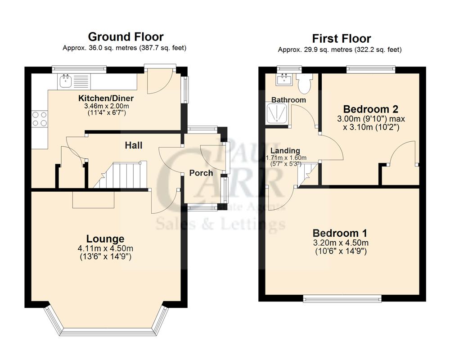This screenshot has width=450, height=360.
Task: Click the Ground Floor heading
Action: coord(126,36)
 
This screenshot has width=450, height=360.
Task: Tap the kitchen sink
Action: coord(65,81)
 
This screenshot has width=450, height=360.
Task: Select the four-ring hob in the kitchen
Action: coord(39,118)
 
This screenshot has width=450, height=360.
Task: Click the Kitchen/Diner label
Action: coord(106,99)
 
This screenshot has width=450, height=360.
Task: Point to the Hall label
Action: coord(134,145)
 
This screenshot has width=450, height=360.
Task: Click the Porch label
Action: coord(201,173)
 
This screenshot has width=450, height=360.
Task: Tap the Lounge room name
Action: coord(105,239)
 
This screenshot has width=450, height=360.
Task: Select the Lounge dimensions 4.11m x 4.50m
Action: coord(105,248)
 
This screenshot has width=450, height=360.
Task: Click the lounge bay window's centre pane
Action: coord(107,332)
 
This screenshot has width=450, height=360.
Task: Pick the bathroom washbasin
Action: coord(284,80)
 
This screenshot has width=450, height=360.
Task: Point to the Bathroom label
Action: coord(288,100)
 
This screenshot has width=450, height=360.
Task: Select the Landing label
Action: coord(285,151)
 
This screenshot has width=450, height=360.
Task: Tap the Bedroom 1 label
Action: coord(340,233)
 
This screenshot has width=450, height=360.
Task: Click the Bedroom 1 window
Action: coord(342,298)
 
